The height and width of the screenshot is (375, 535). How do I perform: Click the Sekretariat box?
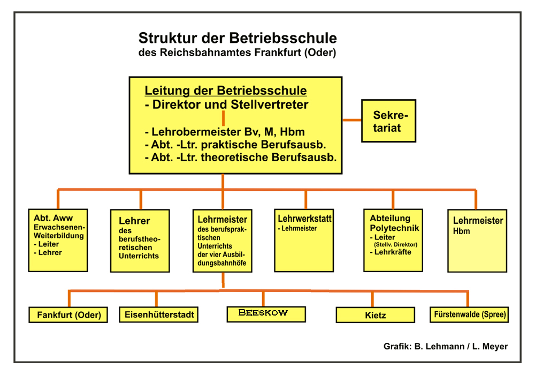click(x=388, y=121)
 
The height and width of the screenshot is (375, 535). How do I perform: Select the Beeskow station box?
click(x=266, y=313)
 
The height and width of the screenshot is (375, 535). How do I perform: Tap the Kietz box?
click(x=376, y=315)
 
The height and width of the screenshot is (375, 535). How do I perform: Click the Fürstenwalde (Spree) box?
click(x=469, y=314)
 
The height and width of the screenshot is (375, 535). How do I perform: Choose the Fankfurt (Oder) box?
click(x=69, y=314)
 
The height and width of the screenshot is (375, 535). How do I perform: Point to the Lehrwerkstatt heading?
click(x=305, y=219)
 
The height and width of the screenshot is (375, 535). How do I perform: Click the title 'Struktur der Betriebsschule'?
click(x=238, y=39)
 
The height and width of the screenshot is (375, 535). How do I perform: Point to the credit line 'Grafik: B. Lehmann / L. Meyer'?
click(x=446, y=346)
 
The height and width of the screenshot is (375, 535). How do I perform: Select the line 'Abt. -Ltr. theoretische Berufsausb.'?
click(x=241, y=157)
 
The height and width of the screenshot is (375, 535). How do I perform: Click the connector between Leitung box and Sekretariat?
click(x=351, y=119)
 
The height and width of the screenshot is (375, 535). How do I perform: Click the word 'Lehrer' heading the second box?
click(x=134, y=221)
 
